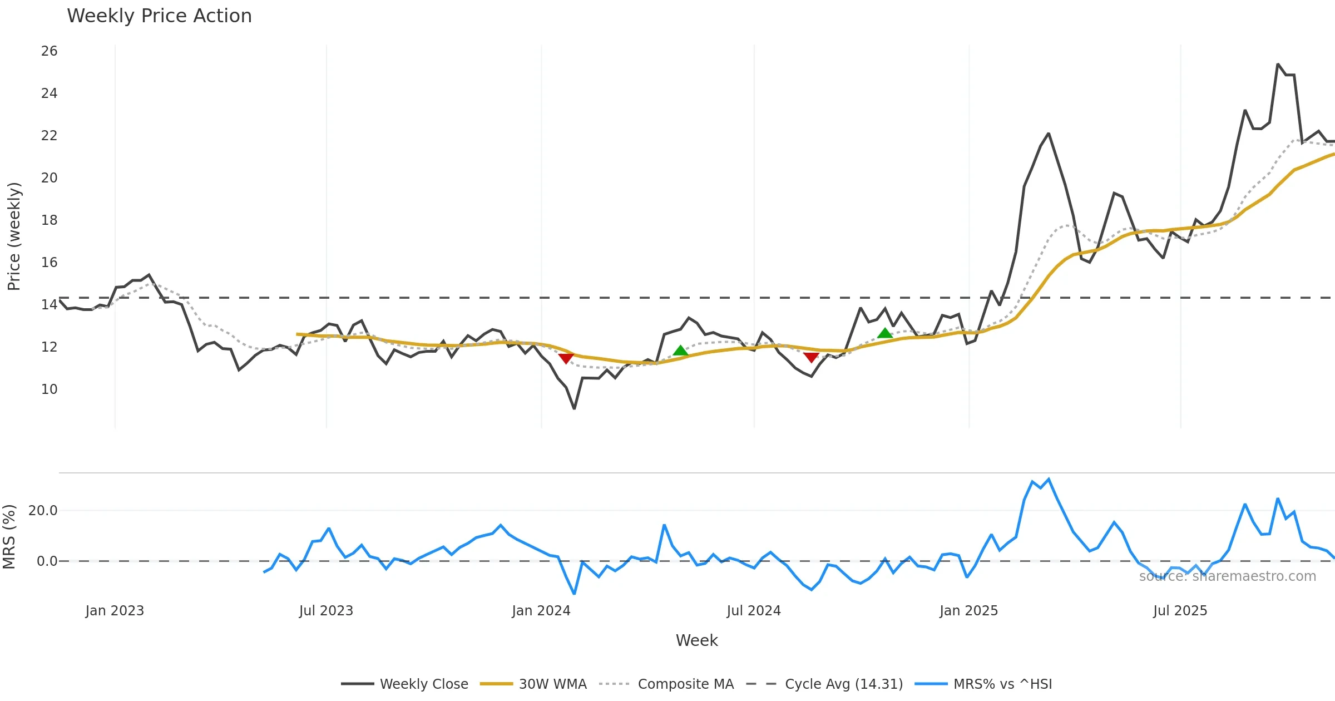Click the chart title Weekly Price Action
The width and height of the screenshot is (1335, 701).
click(x=159, y=16)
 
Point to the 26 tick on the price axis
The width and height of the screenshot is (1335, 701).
click(x=49, y=51)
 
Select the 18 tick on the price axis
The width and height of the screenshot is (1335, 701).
click(x=49, y=220)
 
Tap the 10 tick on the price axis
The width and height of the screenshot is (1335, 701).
click(x=49, y=389)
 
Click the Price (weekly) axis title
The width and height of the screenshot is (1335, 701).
click(x=14, y=236)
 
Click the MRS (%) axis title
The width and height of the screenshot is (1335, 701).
click(x=9, y=537)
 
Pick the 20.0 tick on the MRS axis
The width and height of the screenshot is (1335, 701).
click(x=43, y=511)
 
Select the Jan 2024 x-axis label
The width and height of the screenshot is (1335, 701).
click(x=541, y=611)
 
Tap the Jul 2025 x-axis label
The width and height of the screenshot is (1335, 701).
click(x=1180, y=611)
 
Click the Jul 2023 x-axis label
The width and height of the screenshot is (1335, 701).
click(x=326, y=611)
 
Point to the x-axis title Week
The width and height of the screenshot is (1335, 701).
click(x=696, y=641)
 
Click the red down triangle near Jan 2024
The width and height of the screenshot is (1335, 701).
click(x=566, y=359)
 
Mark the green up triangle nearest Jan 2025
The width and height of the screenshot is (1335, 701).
click(x=885, y=333)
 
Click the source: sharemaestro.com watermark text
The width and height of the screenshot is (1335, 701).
click(x=1227, y=576)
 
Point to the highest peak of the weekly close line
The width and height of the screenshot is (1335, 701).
click(x=1278, y=65)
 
